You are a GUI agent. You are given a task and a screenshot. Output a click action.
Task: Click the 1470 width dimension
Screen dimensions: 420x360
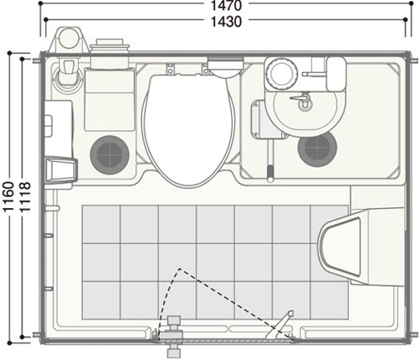[226, 6]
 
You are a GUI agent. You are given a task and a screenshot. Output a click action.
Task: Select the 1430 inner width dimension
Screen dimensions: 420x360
[226, 22]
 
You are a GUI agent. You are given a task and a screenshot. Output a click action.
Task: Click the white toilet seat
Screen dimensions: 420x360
[188, 129]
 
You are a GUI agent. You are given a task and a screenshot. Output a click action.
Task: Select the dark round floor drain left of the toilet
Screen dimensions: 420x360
[109, 154]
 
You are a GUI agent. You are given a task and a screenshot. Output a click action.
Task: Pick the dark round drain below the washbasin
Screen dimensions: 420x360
[318, 149]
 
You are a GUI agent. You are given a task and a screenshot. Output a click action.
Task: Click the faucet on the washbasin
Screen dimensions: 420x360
[302, 100]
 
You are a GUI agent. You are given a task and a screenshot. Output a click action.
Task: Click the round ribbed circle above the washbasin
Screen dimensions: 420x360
[281, 73]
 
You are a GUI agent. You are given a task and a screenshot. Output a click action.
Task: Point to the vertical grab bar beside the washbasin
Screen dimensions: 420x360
[270, 160]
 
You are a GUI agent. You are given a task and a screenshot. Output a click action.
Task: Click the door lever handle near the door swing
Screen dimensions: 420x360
[280, 325]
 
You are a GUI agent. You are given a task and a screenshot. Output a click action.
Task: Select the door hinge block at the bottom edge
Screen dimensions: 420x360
[174, 336]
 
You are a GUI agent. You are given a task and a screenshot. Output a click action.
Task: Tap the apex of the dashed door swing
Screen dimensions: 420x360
[180, 269]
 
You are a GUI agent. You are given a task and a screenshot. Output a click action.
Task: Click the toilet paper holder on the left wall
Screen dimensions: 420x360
[61, 170]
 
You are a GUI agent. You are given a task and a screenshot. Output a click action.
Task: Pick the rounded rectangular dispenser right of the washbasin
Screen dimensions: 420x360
[336, 74]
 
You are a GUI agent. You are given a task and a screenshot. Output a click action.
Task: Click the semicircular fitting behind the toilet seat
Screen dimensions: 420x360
[226, 67]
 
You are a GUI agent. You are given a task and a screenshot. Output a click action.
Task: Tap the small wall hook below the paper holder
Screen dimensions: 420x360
[52, 208]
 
